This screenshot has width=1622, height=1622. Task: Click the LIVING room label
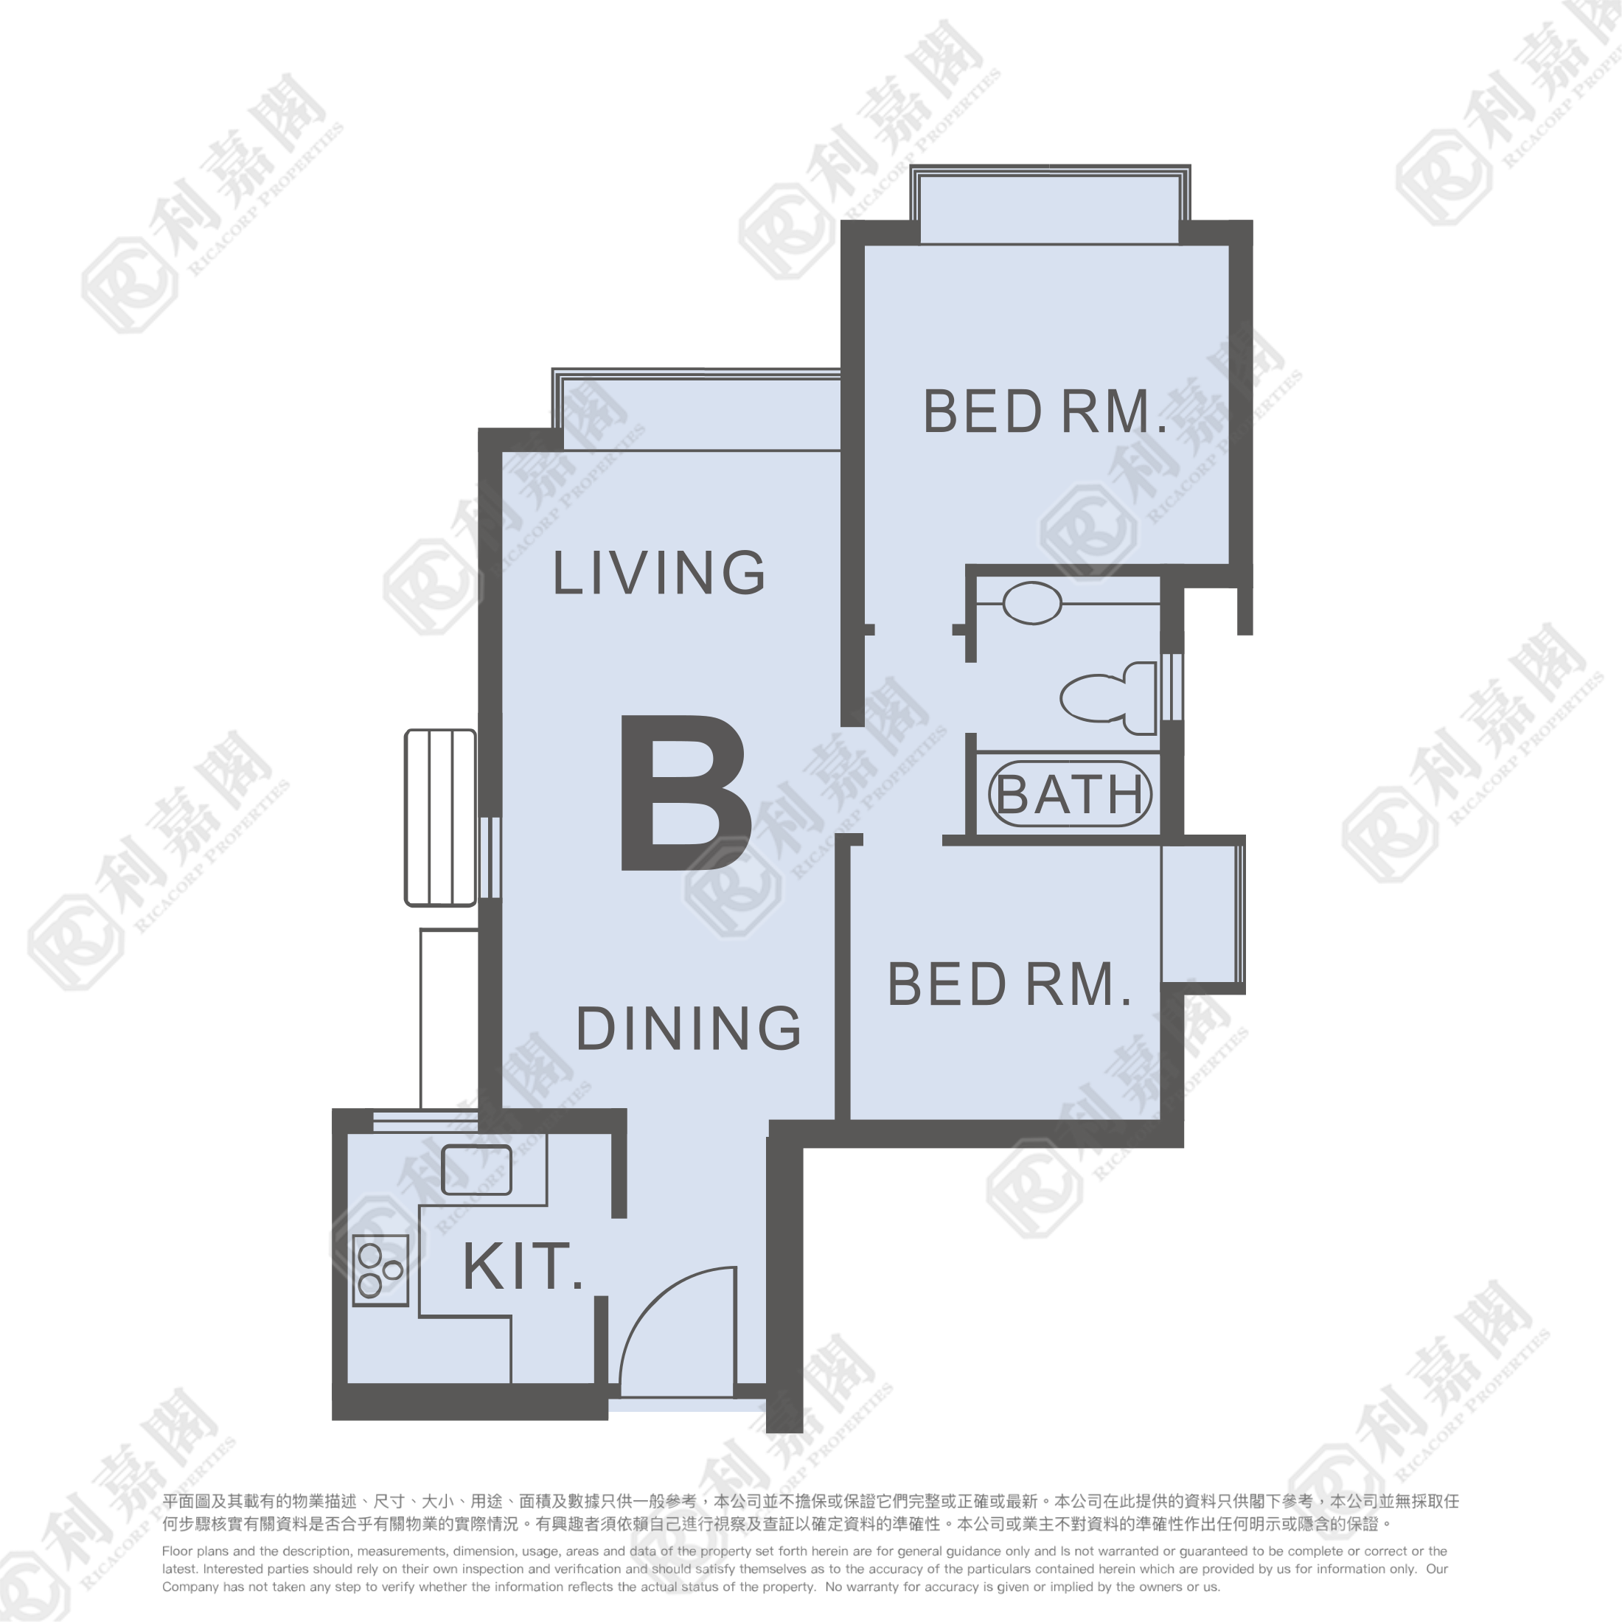[x=658, y=573]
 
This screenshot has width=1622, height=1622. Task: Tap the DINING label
[x=689, y=1028]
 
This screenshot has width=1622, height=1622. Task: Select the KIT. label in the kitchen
[x=522, y=1267]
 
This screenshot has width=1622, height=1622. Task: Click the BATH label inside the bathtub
[x=1071, y=794]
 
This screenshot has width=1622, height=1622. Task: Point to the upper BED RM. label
[x=1045, y=411]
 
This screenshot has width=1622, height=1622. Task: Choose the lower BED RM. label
[x=1009, y=985]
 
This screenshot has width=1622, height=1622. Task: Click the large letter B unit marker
[x=685, y=793]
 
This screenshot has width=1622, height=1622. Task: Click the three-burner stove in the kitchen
[x=381, y=1270]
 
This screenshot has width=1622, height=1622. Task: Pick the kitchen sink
[x=476, y=1169]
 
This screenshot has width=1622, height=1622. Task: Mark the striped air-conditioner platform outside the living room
[x=441, y=818]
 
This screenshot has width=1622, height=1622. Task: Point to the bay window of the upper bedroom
[x=1049, y=205]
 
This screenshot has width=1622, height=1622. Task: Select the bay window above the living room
[x=696, y=410]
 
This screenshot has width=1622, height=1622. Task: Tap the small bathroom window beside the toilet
[x=1172, y=686]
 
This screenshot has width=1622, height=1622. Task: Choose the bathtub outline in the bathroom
[x=1069, y=794]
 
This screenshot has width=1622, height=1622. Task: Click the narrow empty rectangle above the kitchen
[x=449, y=1019]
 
